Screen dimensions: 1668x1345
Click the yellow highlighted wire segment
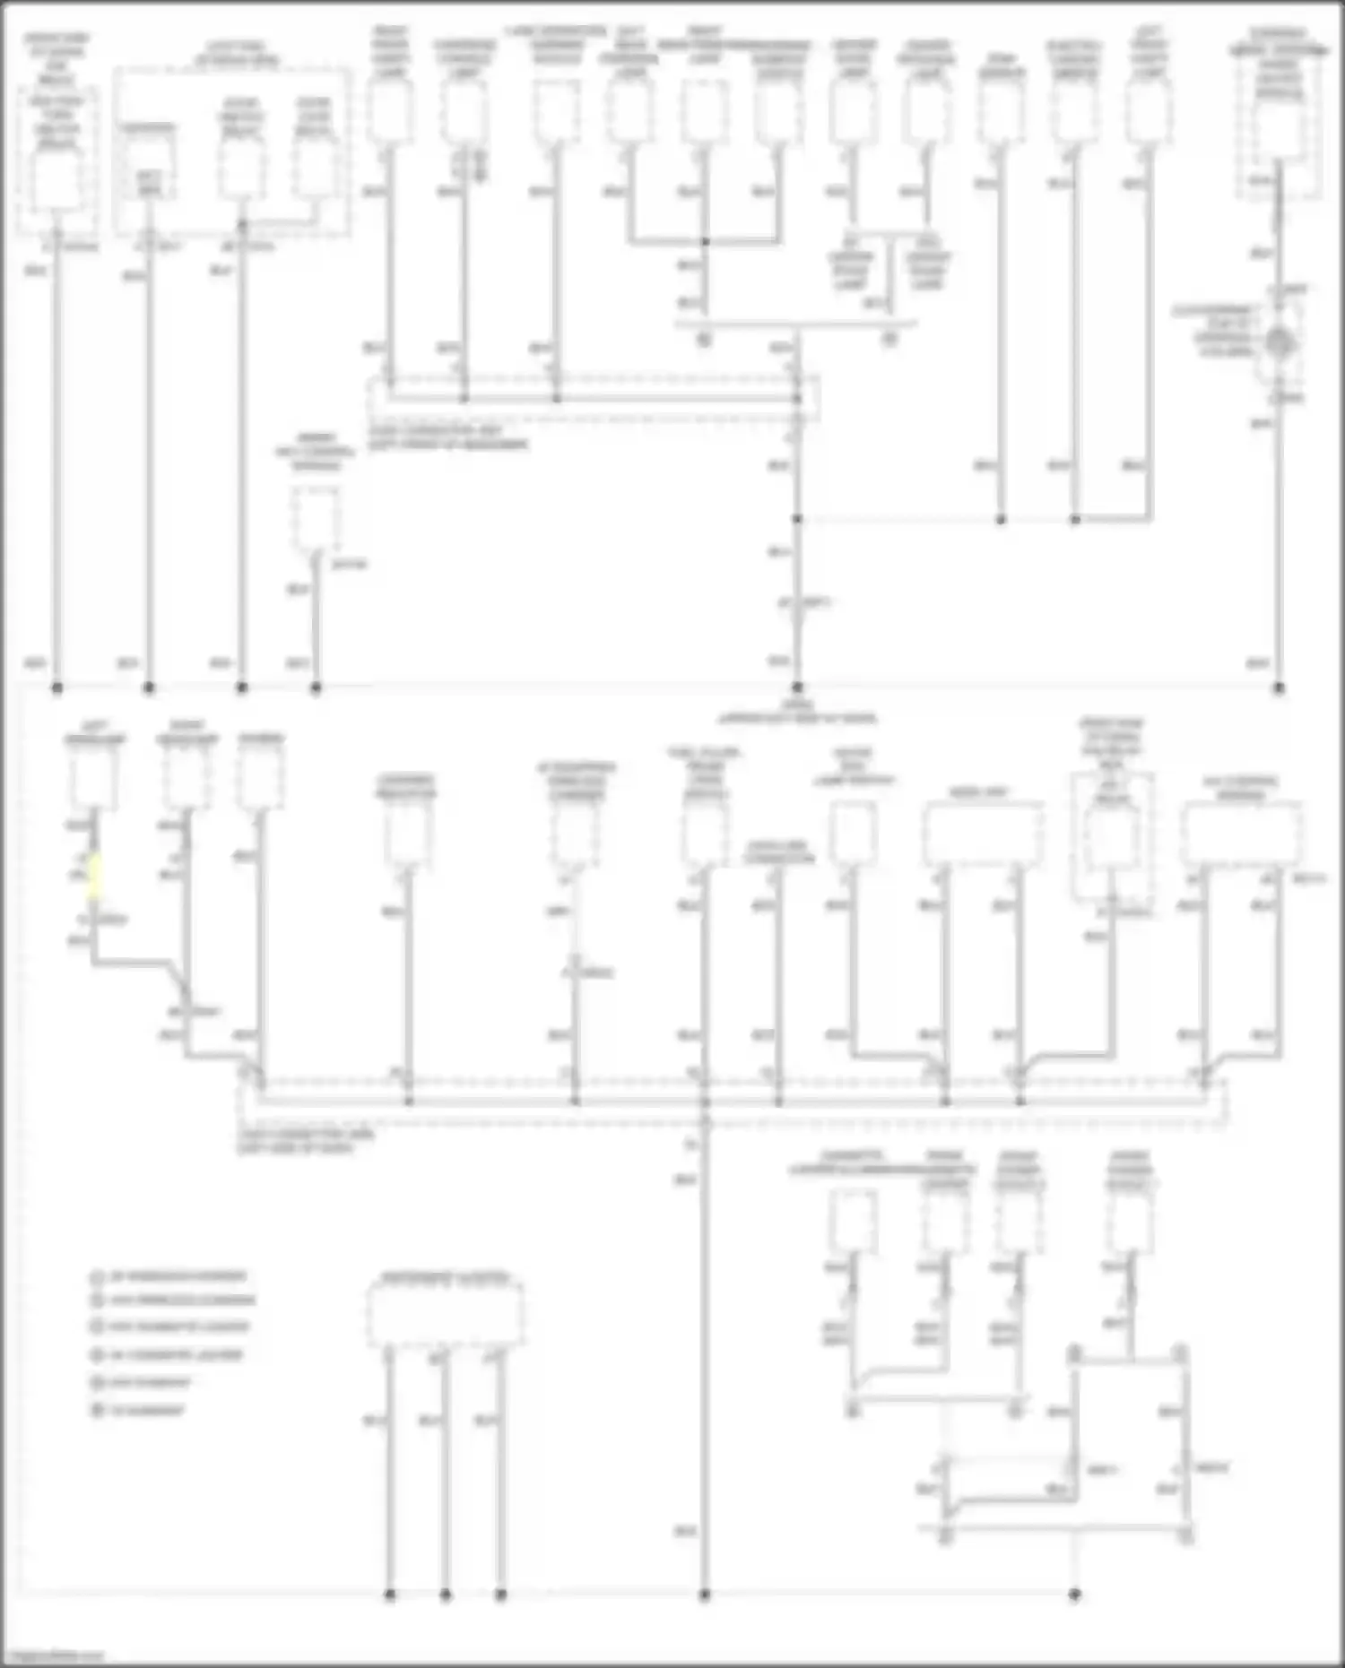(94, 875)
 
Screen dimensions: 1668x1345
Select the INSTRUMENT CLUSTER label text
(446, 1276)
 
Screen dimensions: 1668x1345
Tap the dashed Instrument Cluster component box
(446, 1314)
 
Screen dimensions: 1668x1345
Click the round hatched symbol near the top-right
(1280, 342)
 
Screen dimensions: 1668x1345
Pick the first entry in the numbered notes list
(170, 1276)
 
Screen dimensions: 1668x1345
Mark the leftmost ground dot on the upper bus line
(57, 688)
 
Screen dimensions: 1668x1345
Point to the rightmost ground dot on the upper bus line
(1279, 688)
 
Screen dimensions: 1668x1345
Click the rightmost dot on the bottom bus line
(1075, 1595)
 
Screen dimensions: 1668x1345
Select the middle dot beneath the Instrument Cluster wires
(446, 1595)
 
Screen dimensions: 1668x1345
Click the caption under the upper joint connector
(448, 437)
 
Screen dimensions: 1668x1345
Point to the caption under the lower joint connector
(305, 1141)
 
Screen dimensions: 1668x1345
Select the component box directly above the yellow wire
(93, 777)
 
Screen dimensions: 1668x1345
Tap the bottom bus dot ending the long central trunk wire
(705, 1595)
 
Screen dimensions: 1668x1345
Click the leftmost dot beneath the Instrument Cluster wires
(390, 1595)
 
